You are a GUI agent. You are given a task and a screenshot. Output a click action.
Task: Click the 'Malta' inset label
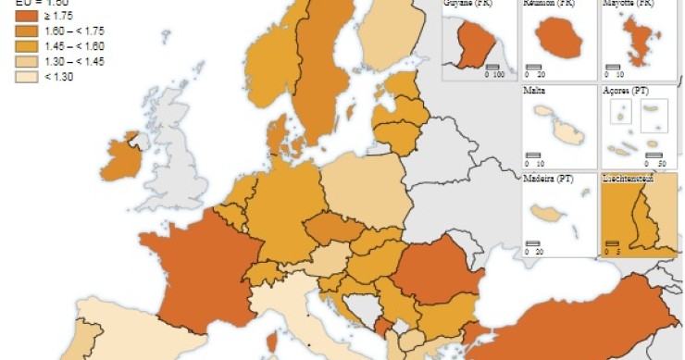533,91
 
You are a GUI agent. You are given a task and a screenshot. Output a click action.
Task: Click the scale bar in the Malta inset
533,155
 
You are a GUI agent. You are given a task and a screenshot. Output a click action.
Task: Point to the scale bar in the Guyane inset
492,67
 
